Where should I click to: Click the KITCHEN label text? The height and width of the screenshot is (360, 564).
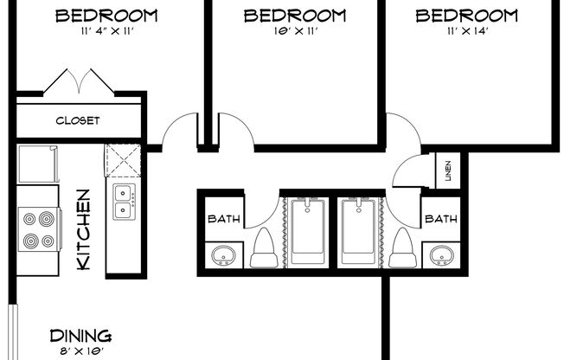pyautogui.click(x=83, y=230)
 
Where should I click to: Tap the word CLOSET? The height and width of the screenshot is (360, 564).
pyautogui.click(x=78, y=120)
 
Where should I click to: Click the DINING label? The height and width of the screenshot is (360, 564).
pyautogui.click(x=80, y=336)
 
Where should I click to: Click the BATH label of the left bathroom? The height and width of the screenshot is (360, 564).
pyautogui.click(x=223, y=220)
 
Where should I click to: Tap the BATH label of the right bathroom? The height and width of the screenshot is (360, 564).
pyautogui.click(x=440, y=220)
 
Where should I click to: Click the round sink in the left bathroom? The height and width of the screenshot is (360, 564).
pyautogui.click(x=223, y=256)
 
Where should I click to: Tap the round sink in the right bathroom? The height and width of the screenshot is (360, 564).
pyautogui.click(x=440, y=256)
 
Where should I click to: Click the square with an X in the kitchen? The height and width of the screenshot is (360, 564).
pyautogui.click(x=123, y=160)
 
